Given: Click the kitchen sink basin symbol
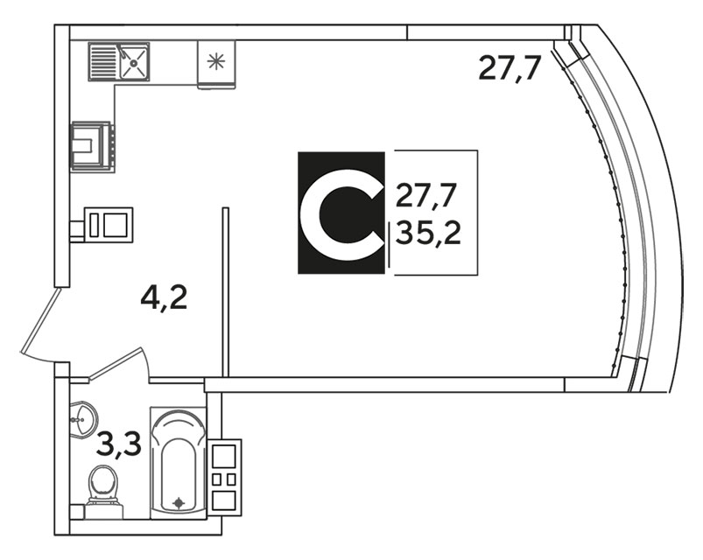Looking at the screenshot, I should (x=134, y=62).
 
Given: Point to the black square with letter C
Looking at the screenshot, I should (x=341, y=213).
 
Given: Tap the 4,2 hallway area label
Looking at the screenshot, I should (x=165, y=299).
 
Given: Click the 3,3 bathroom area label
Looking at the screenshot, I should (x=118, y=449).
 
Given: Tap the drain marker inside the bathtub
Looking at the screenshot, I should (x=179, y=502).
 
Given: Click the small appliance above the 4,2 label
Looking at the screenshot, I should (x=109, y=225).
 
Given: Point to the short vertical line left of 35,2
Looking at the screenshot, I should (x=388, y=244).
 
